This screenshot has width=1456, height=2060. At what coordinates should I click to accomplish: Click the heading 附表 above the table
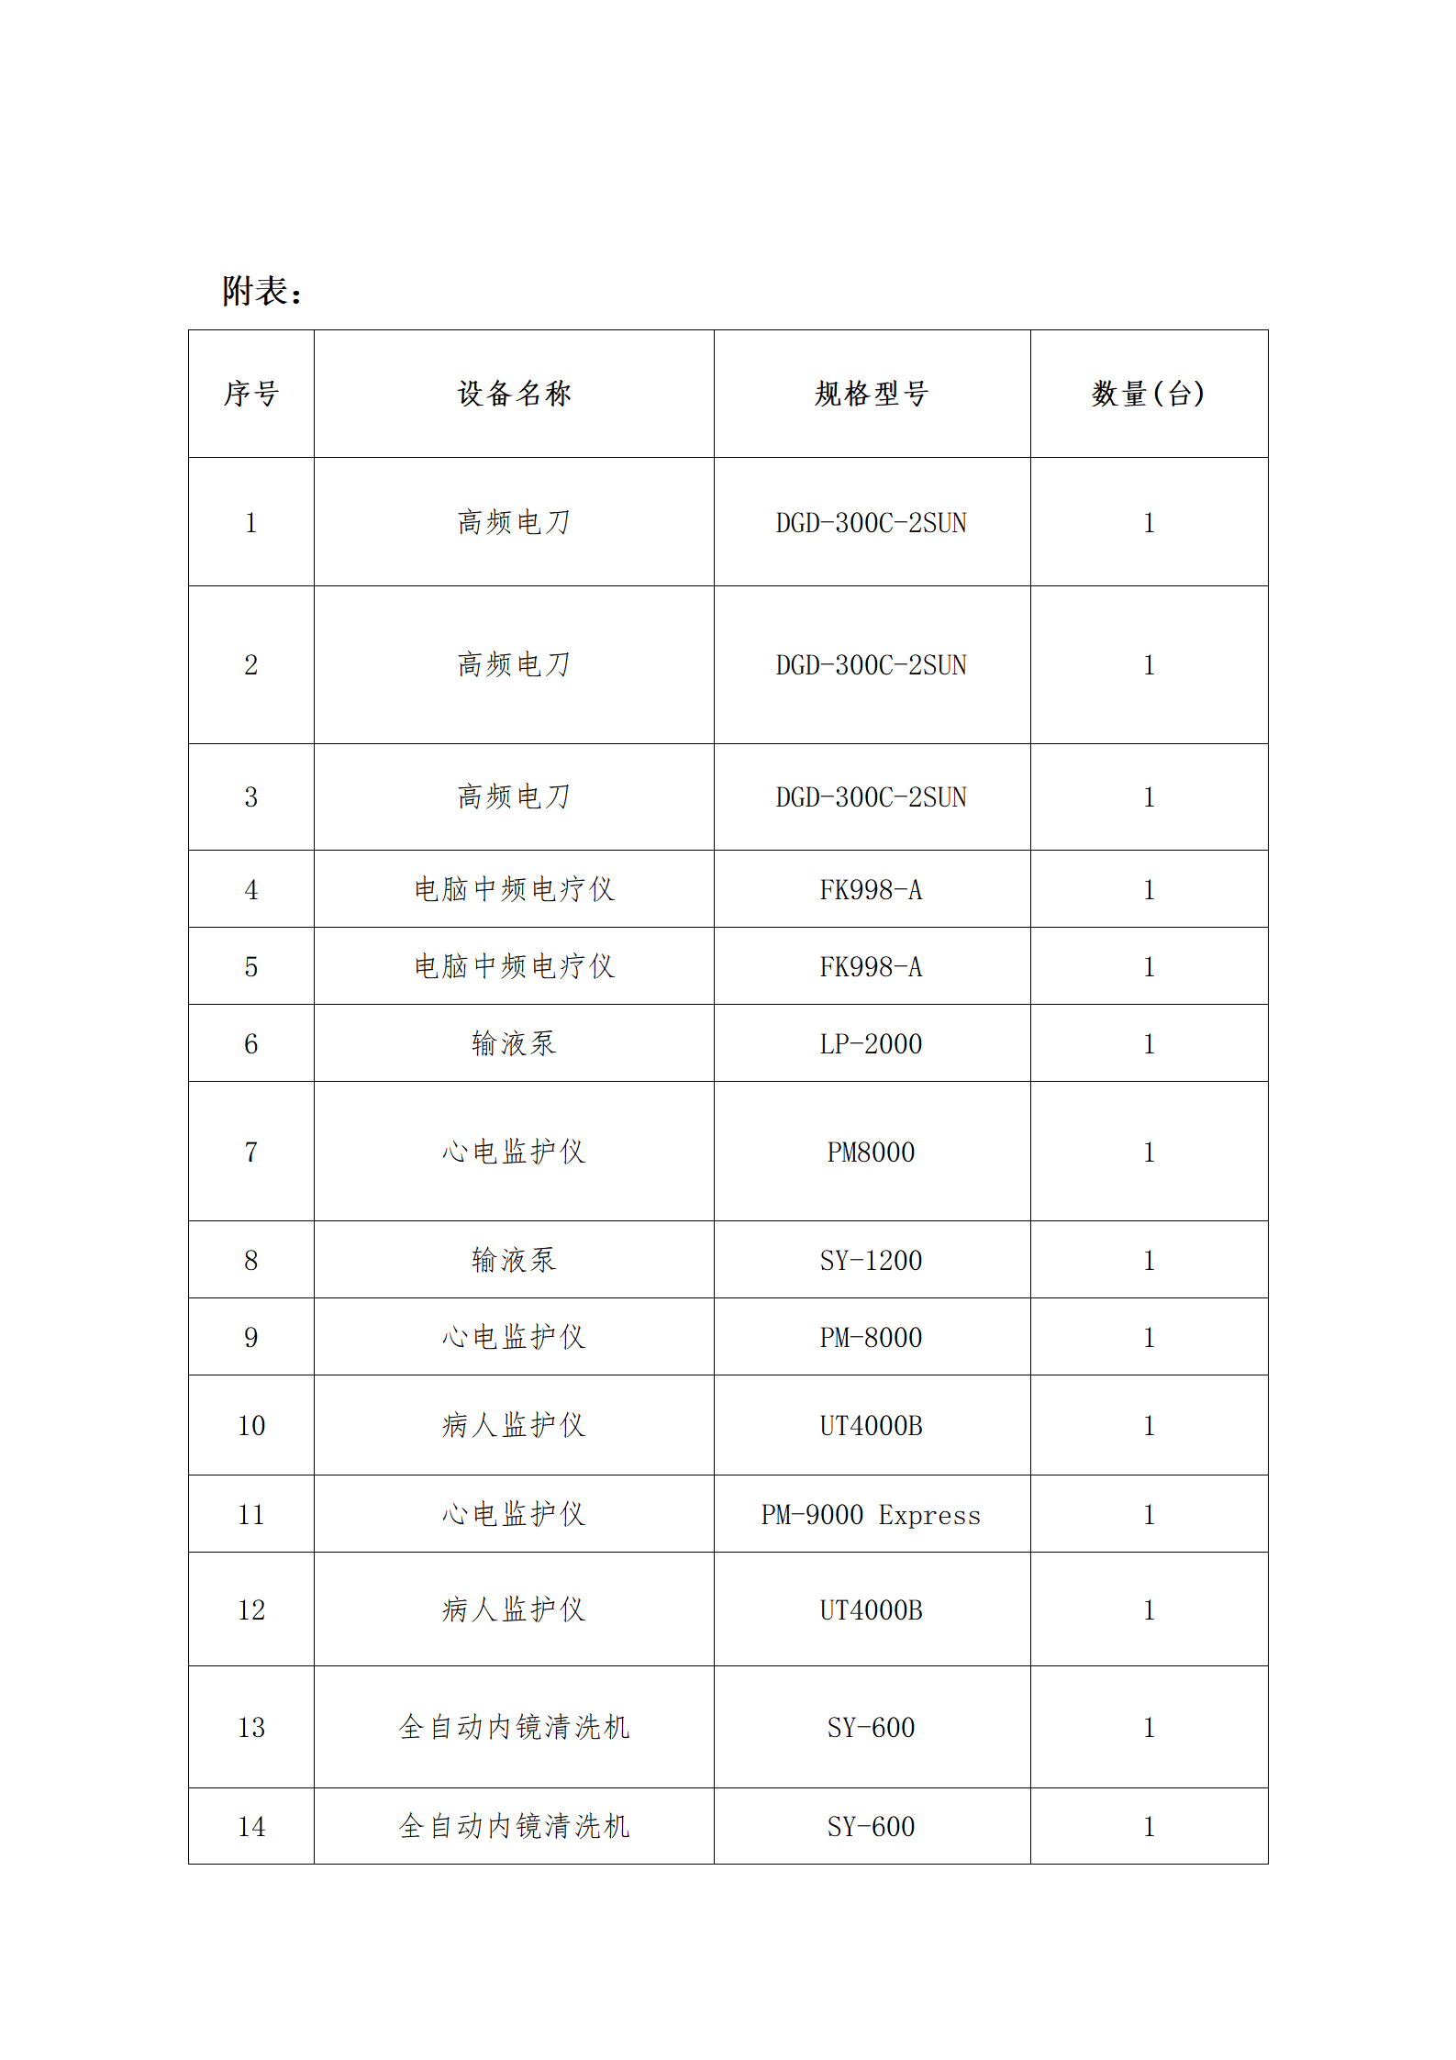tap(261, 291)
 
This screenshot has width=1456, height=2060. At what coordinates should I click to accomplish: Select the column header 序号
tap(250, 394)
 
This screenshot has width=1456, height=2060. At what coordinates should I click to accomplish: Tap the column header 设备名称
tap(514, 394)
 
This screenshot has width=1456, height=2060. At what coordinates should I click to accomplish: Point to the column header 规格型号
tap(871, 394)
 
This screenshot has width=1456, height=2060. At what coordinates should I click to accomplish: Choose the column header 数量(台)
tap(1148, 394)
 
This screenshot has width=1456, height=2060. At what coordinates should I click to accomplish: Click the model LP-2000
tap(871, 1043)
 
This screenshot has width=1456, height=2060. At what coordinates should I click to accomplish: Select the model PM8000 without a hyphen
tap(871, 1152)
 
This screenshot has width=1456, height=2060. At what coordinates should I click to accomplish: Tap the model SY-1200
tap(871, 1260)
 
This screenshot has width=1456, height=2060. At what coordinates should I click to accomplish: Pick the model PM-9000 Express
tap(871, 1514)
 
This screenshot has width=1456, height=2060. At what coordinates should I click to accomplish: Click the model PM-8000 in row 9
tap(871, 1337)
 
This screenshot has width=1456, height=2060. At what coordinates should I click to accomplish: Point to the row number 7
tap(250, 1152)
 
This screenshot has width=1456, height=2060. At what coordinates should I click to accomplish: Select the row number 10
tap(250, 1425)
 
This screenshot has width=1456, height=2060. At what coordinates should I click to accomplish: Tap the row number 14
tap(250, 1826)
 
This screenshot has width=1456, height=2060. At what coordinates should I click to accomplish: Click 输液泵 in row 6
tap(514, 1043)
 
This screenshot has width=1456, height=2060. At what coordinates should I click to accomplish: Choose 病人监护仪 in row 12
tap(514, 1609)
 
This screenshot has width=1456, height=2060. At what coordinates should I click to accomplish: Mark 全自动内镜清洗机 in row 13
tap(514, 1727)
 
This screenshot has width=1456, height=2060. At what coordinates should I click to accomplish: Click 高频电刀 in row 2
tap(514, 664)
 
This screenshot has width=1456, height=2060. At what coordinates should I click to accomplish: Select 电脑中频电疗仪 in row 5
tap(514, 966)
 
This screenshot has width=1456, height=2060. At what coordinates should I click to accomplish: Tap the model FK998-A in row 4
tap(871, 889)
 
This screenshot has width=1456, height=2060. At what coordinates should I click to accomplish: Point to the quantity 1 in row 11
tap(1149, 1514)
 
